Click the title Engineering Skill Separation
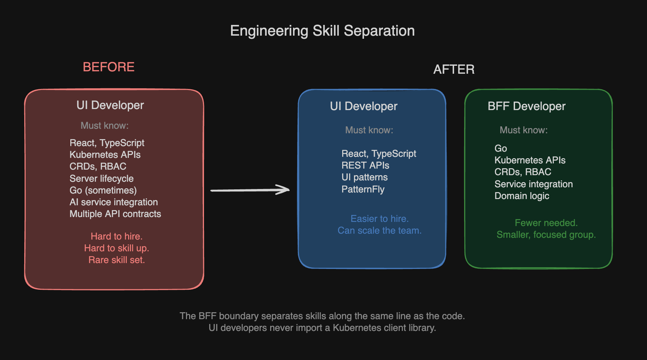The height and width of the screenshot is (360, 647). click(x=322, y=31)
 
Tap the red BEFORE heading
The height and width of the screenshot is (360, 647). click(x=108, y=67)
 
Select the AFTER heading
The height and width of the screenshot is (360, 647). click(x=454, y=70)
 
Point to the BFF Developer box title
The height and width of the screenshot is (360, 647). click(x=526, y=106)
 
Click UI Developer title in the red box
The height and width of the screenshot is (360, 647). click(x=110, y=105)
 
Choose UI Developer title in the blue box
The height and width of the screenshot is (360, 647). click(x=364, y=106)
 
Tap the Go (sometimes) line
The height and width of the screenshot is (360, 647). click(x=103, y=190)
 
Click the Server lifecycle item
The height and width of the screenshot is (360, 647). click(x=101, y=179)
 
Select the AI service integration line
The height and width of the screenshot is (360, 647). click(x=114, y=202)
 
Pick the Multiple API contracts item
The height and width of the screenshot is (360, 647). click(x=115, y=214)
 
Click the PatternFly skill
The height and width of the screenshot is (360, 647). click(x=363, y=189)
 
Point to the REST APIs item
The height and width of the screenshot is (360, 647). click(x=365, y=165)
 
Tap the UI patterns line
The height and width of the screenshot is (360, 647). click(x=365, y=177)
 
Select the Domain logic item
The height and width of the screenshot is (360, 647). click(x=522, y=196)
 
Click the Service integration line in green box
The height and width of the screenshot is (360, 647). click(x=534, y=184)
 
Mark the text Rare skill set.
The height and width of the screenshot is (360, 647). click(x=117, y=260)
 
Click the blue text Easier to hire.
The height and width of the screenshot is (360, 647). click(x=380, y=219)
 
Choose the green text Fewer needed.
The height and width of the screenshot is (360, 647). click(x=546, y=223)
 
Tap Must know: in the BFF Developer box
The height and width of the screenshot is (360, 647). click(x=524, y=130)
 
